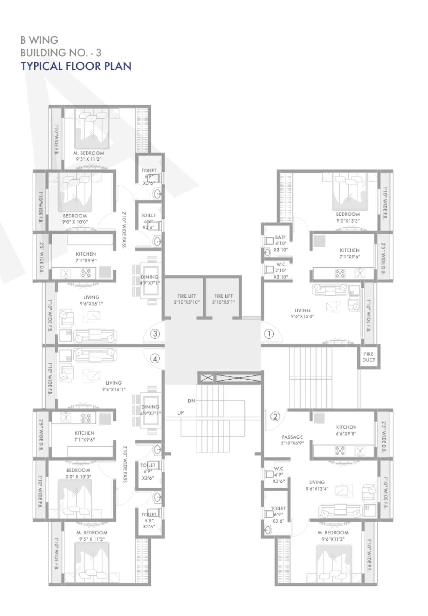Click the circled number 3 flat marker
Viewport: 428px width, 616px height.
[x=155, y=334]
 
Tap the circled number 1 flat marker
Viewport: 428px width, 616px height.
[x=269, y=334]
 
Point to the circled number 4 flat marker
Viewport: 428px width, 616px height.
[x=155, y=359]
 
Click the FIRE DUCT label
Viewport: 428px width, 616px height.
[x=369, y=357]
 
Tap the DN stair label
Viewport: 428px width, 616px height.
[x=191, y=401]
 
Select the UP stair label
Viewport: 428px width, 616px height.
[x=180, y=413]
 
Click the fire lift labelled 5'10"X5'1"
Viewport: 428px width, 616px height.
[x=223, y=299]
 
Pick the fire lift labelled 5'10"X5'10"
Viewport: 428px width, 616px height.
[x=187, y=299]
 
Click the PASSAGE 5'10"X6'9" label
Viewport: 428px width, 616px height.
[x=292, y=440]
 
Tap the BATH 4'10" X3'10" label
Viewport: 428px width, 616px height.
[x=281, y=243]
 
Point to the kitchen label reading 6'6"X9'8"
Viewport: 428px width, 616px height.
[x=346, y=430]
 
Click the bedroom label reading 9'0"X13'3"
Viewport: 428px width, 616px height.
[x=348, y=217]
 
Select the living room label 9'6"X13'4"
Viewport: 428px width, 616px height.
[x=317, y=485]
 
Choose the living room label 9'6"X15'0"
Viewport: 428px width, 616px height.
[x=302, y=313]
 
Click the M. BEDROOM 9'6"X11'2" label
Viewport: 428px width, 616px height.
[x=333, y=536]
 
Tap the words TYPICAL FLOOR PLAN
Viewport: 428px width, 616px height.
[x=76, y=66]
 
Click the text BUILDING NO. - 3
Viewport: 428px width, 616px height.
[x=61, y=53]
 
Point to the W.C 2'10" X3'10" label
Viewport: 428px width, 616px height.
[x=281, y=271]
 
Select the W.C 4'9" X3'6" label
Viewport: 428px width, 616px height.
[x=279, y=475]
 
